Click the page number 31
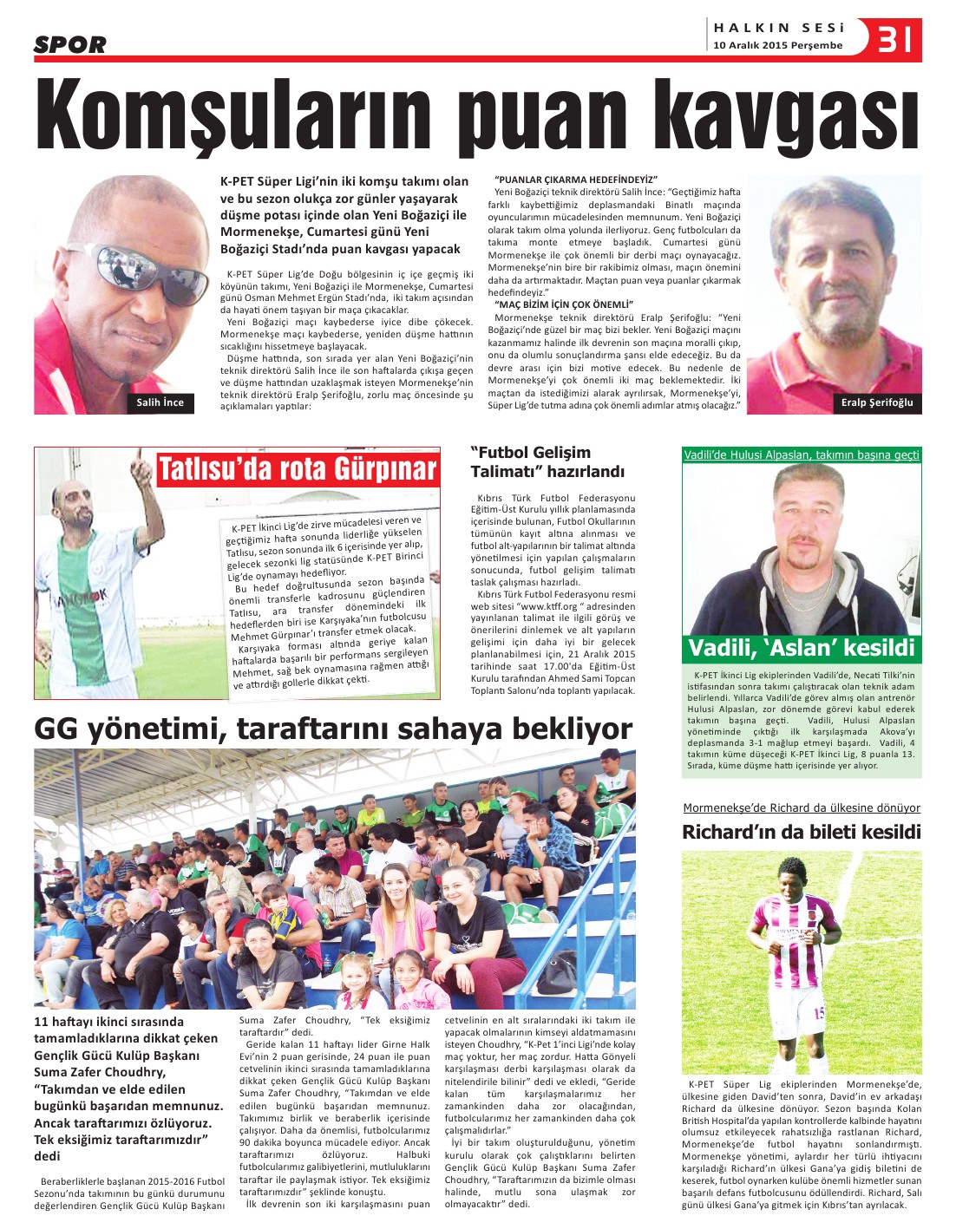(x=895, y=39)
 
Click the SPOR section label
(x=69, y=45)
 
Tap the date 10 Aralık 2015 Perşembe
(x=777, y=46)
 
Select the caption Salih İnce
(x=160, y=402)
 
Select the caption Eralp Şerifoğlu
(x=877, y=402)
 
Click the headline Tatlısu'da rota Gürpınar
(x=297, y=469)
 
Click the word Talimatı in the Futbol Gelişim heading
(x=505, y=472)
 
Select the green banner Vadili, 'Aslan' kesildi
(x=802, y=648)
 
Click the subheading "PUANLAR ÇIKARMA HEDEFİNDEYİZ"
(x=576, y=180)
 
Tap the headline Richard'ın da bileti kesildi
(x=802, y=832)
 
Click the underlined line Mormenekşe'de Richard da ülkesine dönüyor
(x=802, y=807)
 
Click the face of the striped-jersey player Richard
(x=792, y=881)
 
